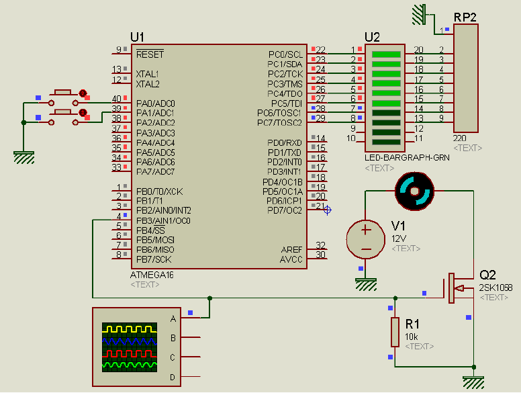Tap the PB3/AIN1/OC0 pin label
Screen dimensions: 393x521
tap(163, 220)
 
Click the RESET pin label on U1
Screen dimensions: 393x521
tap(150, 54)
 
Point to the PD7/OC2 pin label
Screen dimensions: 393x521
tap(284, 210)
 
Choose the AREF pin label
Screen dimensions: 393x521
tap(291, 249)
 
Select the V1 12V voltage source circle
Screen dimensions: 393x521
tap(366, 238)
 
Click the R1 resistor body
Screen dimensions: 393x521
tap(395, 331)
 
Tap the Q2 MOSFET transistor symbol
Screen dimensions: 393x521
tap(457, 288)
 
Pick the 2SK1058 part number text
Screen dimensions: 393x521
tap(495, 288)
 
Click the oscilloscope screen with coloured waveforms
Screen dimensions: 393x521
tap(130, 347)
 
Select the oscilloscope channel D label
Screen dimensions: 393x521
tap(173, 378)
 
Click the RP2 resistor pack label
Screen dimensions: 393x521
tap(465, 17)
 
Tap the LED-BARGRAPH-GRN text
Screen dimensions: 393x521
tap(397, 158)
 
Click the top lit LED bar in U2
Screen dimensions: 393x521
tap(386, 54)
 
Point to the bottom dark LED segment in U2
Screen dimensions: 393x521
tap(386, 142)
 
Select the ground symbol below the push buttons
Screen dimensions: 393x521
tap(24, 157)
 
